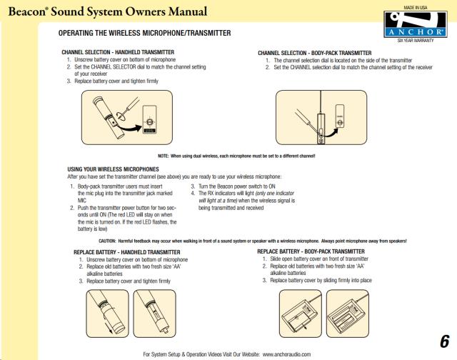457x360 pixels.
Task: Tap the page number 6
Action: (445, 341)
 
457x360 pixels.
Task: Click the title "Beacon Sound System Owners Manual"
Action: (108, 11)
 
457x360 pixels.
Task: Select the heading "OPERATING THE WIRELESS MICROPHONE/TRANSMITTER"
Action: (144, 34)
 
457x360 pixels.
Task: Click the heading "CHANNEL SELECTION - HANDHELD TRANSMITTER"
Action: (117, 53)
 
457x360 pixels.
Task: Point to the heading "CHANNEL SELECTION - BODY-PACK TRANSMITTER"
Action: (314, 53)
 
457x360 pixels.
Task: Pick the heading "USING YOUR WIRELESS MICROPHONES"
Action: (113, 169)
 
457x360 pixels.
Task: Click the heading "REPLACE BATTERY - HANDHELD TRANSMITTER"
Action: (126, 252)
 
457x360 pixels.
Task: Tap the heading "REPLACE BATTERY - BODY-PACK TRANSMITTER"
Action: (311, 251)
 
